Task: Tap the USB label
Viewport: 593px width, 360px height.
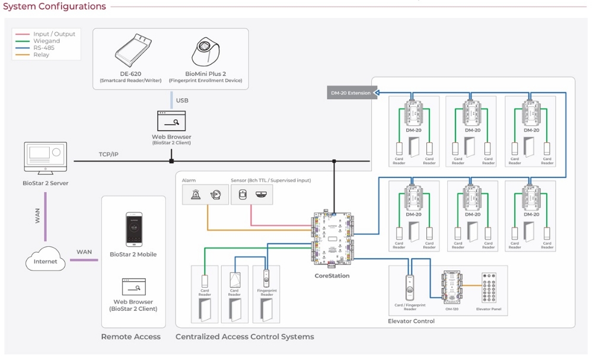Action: point(182,100)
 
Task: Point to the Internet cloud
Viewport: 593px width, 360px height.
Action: point(46,259)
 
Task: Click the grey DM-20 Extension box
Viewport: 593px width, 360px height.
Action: point(351,93)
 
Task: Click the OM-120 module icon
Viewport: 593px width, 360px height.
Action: point(452,288)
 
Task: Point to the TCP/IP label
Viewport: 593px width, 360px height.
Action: point(109,154)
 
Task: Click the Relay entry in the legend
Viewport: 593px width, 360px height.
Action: point(42,55)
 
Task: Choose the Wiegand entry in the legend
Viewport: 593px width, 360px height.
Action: point(46,41)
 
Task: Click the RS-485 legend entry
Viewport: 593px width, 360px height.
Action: point(44,48)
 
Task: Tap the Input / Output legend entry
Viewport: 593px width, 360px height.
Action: point(54,34)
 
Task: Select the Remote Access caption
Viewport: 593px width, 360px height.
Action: point(130,337)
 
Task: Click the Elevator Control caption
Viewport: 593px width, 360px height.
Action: point(412,321)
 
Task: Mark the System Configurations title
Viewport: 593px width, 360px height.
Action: point(55,7)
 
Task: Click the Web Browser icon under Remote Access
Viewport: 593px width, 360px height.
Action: point(133,287)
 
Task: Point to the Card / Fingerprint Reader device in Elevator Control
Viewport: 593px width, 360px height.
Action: point(410,287)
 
